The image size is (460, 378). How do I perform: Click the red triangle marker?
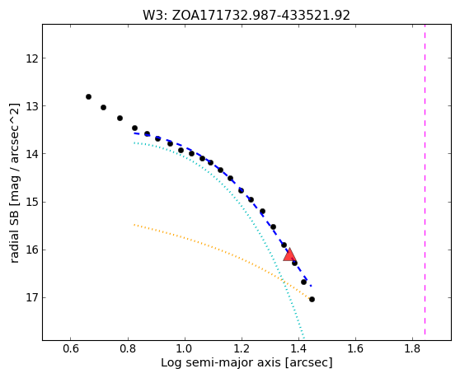click(289, 255)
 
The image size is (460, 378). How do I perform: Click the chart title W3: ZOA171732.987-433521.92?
click(246, 16)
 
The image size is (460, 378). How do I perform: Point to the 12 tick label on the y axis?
click(32, 58)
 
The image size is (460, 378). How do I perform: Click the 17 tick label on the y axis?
click(32, 298)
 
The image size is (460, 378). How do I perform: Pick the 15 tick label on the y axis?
click(32, 203)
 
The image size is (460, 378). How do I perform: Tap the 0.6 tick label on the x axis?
click(71, 348)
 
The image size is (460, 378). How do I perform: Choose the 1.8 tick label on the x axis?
click(413, 348)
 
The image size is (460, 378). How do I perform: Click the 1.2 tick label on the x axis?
click(242, 348)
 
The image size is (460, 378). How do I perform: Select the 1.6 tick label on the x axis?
click(355, 348)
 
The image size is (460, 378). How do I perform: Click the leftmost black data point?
click(88, 96)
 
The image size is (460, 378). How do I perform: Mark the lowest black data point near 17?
click(312, 299)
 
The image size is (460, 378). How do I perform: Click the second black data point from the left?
click(103, 108)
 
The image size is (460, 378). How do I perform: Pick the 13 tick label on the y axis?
click(32, 105)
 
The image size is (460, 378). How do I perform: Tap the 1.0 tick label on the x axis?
click(185, 348)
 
